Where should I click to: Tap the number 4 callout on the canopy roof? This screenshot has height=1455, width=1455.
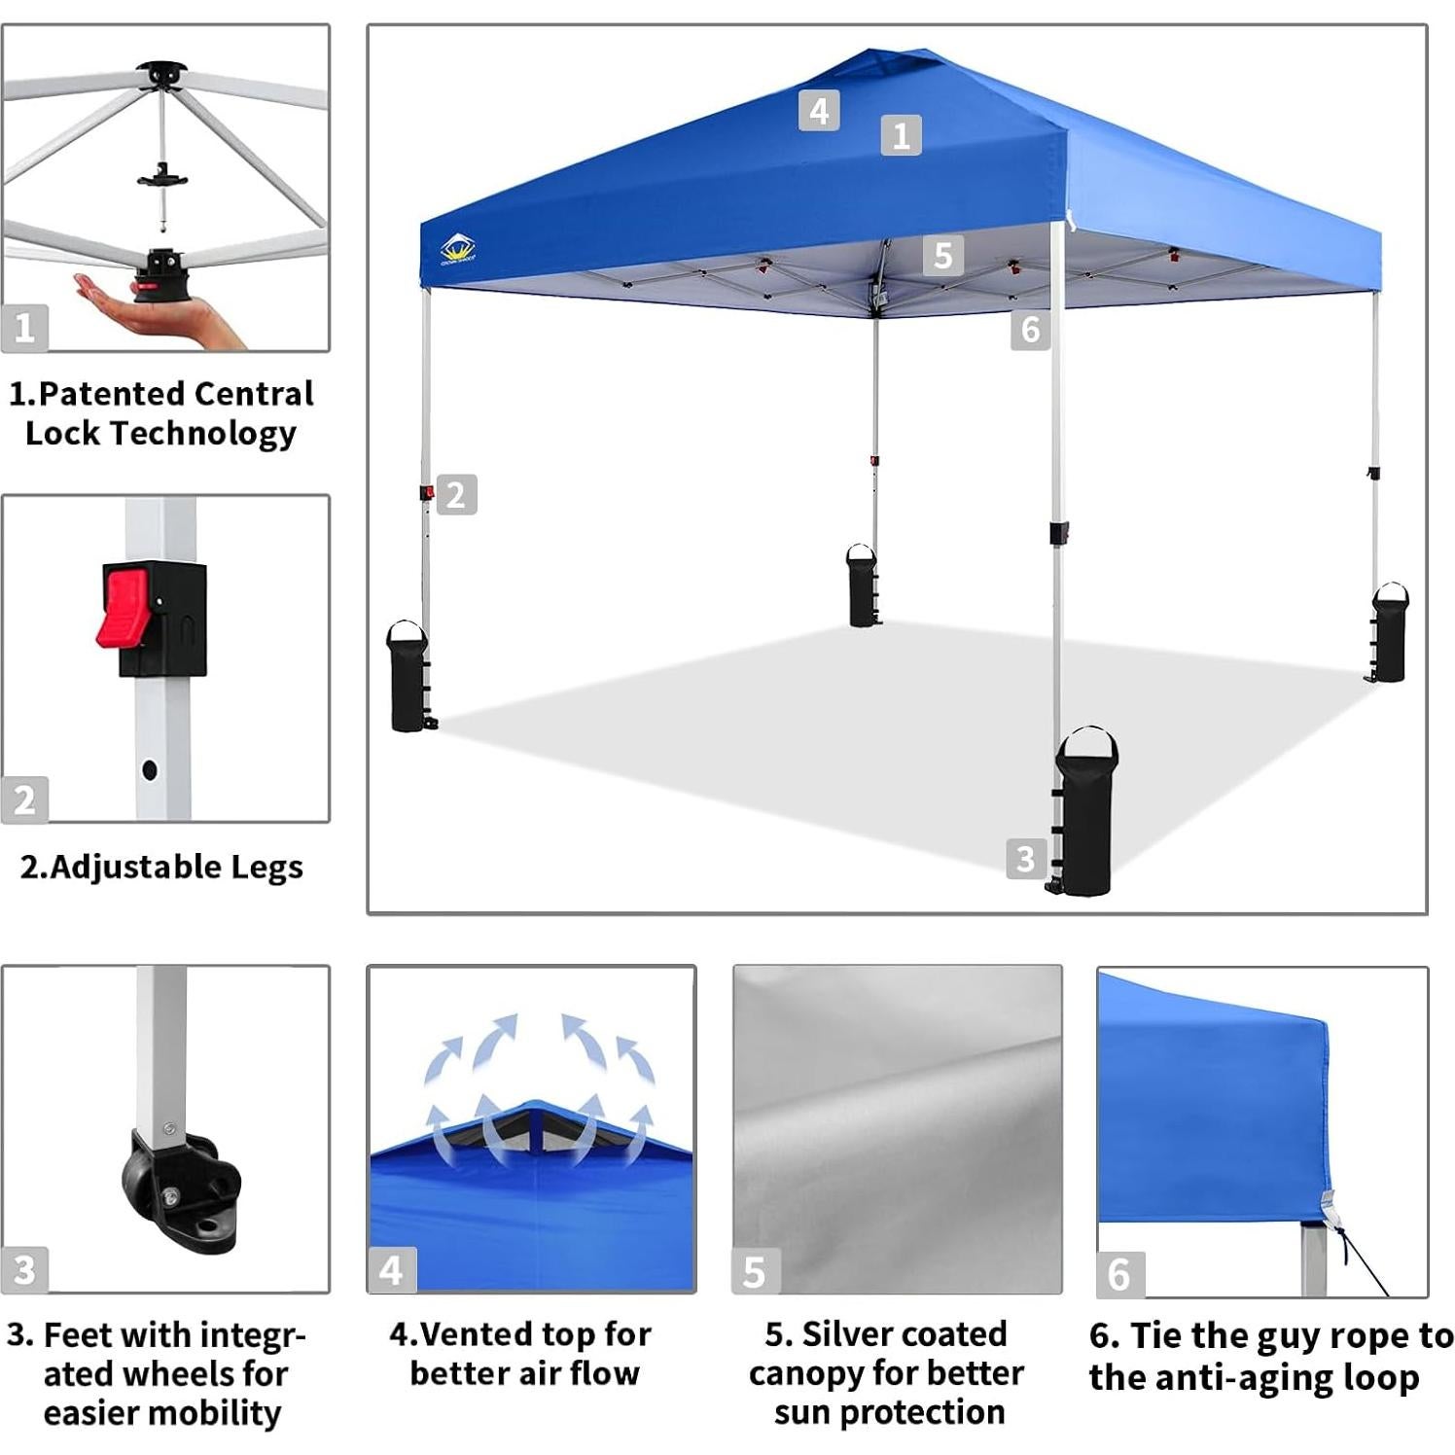click(x=819, y=111)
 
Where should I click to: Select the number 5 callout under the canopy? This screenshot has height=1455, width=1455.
click(x=942, y=255)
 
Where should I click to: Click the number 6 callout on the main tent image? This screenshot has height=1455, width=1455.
click(x=1030, y=330)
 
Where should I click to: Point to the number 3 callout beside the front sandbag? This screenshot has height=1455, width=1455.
click(x=1025, y=859)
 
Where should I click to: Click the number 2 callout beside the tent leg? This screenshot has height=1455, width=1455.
click(x=456, y=495)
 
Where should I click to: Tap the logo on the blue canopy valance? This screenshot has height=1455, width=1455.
click(x=458, y=250)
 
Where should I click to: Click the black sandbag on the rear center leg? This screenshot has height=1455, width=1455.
click(x=862, y=586)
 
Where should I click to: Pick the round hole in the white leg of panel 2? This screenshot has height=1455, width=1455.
click(x=149, y=769)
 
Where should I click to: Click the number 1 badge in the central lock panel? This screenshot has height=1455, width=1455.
click(x=24, y=328)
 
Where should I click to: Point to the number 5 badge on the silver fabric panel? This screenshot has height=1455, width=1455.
click(x=755, y=1272)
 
